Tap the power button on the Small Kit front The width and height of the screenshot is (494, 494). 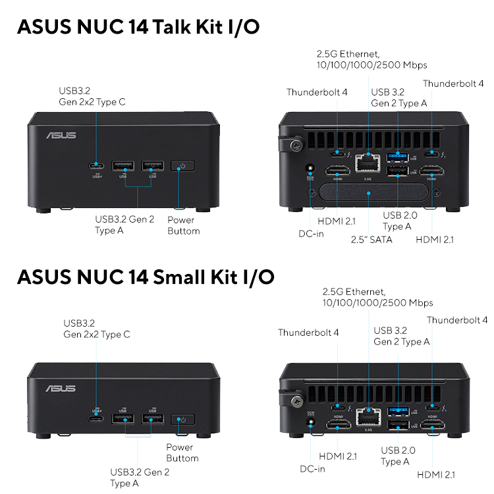(182, 419)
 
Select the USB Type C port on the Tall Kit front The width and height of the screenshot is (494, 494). (97, 165)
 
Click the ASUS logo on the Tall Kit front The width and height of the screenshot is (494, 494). (61, 136)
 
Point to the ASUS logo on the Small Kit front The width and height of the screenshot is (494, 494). (61, 389)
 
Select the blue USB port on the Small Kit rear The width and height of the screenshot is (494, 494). (397, 412)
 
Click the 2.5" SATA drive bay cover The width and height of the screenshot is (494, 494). (370, 192)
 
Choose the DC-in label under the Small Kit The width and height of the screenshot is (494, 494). (312, 469)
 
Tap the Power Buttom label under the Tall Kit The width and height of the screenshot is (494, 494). (184, 225)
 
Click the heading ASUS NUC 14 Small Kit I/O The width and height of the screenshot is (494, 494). (146, 276)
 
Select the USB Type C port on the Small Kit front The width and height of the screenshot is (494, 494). (97, 419)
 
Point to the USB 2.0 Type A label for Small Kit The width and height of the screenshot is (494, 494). (398, 456)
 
